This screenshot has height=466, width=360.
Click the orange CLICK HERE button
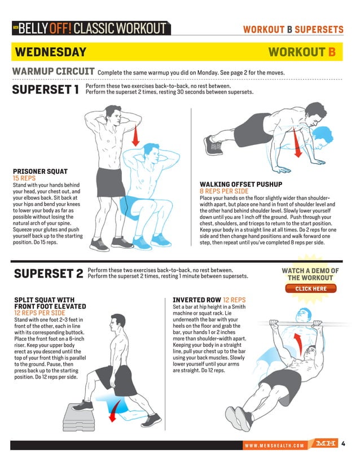310,289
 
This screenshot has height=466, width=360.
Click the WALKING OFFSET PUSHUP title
245,184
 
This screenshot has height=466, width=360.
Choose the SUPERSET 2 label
49,274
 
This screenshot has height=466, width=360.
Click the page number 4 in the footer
343,444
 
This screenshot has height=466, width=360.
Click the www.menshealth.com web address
274,446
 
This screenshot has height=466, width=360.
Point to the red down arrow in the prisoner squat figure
135,135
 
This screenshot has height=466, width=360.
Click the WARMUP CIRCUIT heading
53,72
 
